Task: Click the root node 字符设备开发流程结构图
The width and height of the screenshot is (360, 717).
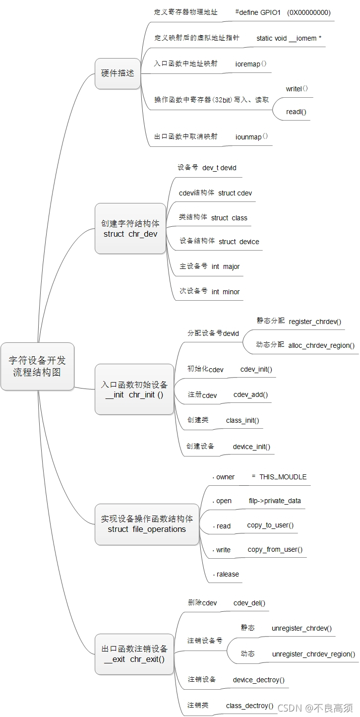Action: point(37,366)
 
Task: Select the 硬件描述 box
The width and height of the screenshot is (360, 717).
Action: point(118,73)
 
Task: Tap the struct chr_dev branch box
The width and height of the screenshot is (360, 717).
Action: point(130,228)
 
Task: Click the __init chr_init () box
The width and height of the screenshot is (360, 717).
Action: point(134,390)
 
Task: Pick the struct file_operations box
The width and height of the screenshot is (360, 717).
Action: point(147,524)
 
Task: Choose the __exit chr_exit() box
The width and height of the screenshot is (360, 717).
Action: point(134,653)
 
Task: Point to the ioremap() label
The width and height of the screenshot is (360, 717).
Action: point(251,64)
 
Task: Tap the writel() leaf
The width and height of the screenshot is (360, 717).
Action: point(297,89)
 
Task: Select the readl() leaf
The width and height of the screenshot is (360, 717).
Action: point(296,112)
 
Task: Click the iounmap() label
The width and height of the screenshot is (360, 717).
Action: point(251,136)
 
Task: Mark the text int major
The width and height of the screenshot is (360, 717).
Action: point(226,266)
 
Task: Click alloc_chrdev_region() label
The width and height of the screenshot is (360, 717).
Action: point(321,345)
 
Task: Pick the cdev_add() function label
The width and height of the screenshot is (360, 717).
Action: point(250,395)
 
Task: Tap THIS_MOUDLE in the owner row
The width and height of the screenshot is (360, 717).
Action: point(283,477)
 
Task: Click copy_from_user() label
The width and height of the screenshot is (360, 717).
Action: point(275,549)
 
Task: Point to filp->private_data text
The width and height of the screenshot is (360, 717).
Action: point(275,501)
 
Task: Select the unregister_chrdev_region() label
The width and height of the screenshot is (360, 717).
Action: point(313,654)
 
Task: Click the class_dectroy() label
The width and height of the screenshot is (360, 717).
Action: point(249,705)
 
